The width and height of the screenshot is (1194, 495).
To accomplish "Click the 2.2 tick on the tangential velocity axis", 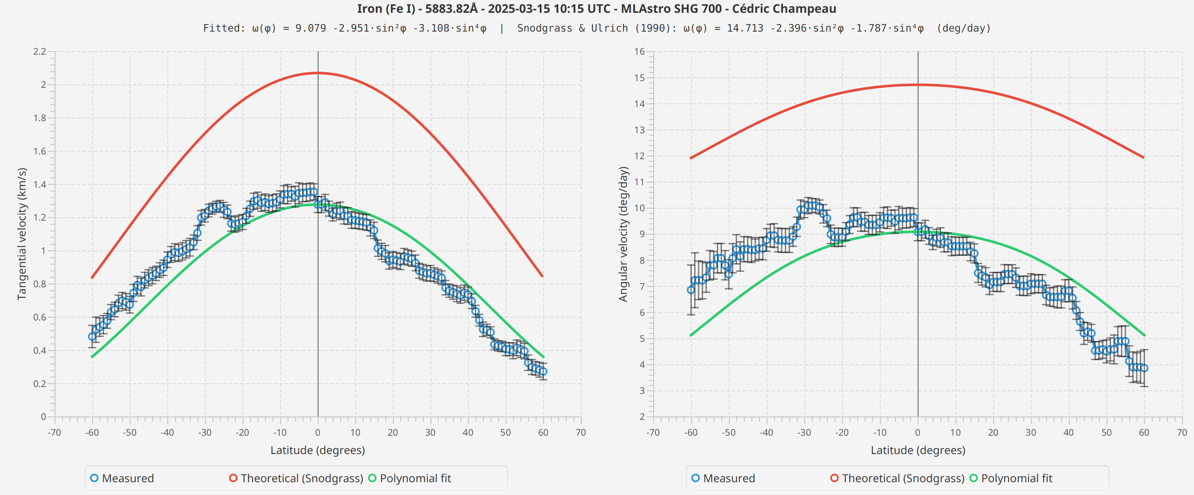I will (40, 52).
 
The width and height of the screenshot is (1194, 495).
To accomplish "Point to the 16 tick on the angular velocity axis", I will (640, 52).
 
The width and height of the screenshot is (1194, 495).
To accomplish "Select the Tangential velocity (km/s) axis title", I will (22, 234).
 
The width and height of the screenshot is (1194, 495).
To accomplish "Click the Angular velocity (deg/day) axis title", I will (623, 234).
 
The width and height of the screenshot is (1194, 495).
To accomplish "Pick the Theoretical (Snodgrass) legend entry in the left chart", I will (297, 478).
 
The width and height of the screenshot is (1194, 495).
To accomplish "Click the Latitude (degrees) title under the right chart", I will (918, 450).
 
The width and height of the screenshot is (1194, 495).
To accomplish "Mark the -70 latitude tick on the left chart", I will (54, 432).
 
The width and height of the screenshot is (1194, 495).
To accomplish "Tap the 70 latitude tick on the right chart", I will (1182, 432).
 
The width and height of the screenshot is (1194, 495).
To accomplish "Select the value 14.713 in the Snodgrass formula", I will (745, 28).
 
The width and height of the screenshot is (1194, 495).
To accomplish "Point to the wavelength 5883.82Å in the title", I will (451, 9).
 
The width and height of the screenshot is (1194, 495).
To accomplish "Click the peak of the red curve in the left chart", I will (318, 73).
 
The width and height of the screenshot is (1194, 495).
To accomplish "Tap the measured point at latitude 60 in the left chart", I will (543, 372).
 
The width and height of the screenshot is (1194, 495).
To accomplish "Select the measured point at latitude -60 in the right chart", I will (691, 290).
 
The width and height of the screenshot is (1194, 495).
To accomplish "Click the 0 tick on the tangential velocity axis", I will (43, 416).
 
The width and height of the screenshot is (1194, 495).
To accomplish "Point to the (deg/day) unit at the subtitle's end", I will (964, 28).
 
